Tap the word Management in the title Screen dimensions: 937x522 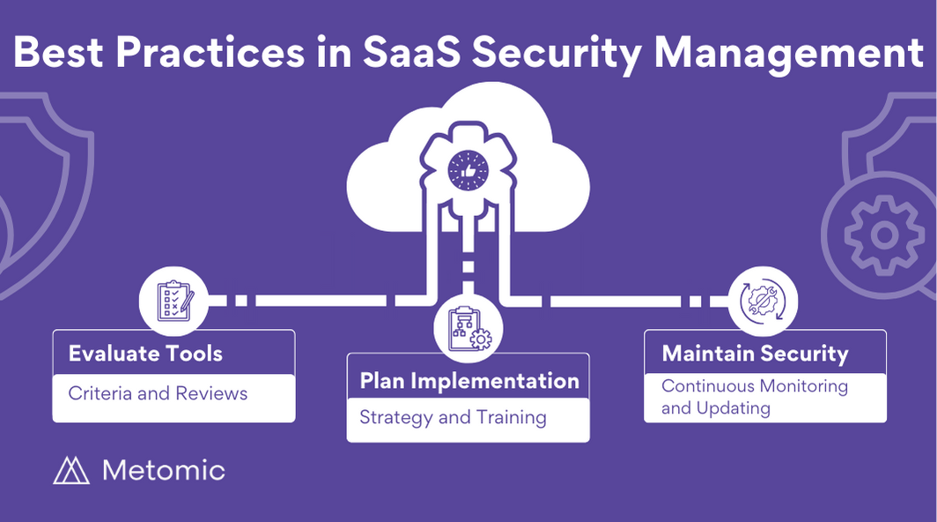tap(789, 54)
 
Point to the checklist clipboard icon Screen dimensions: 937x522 tap(174, 301)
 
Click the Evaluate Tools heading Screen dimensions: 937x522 tap(145, 354)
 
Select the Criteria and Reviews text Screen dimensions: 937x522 tap(158, 393)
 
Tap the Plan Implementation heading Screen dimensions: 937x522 tap(469, 381)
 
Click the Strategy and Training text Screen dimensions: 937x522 tap(453, 417)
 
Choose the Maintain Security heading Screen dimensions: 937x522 tap(755, 354)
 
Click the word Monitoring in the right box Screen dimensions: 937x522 tap(804, 387)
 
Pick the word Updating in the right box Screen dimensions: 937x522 tap(734, 408)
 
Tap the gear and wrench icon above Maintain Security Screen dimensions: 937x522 tap(763, 301)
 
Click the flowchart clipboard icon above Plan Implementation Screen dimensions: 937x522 tap(469, 329)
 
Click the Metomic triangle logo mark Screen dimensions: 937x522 tap(71, 471)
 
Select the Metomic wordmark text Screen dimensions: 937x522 tap(164, 471)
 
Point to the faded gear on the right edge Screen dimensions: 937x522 tap(883, 235)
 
